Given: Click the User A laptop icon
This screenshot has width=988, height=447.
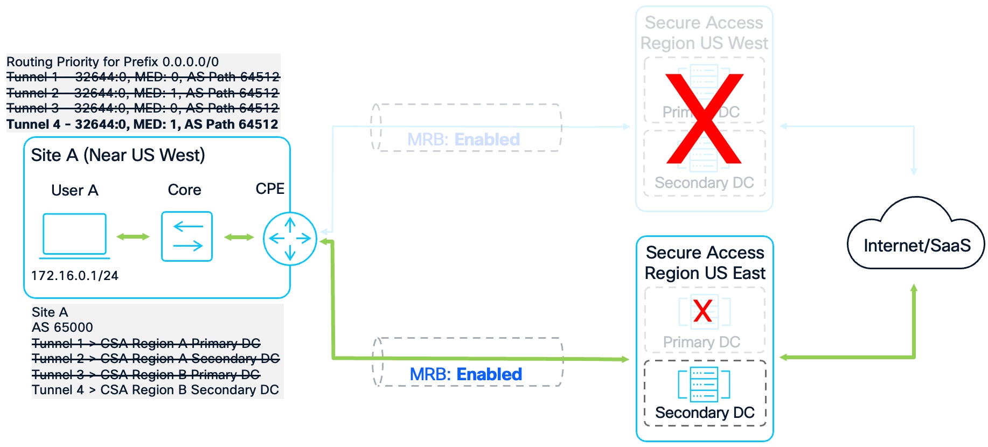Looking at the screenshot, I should (x=74, y=235).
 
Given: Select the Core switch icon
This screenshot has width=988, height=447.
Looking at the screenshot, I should (x=186, y=236).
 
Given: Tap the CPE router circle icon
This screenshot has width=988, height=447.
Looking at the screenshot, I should (x=290, y=238).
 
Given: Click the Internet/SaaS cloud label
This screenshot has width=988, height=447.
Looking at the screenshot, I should (x=916, y=246).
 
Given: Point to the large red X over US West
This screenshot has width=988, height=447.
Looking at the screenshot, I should (x=704, y=119).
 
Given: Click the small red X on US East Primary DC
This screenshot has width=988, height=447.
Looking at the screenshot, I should (x=702, y=311).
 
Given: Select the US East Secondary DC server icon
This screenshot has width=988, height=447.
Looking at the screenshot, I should (x=704, y=384).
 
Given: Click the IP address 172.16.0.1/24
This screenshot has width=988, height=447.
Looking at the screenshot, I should (x=74, y=276).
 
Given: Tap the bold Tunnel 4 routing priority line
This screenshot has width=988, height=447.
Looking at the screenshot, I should (x=142, y=124).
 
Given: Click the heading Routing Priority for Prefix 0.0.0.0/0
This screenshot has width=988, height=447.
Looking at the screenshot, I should (x=113, y=62).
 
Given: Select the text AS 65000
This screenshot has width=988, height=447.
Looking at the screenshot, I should (x=62, y=327).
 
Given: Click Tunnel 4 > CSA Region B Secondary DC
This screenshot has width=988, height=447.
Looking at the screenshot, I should (x=155, y=390).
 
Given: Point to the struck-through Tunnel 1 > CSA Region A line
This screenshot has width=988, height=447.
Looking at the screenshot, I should (x=146, y=344).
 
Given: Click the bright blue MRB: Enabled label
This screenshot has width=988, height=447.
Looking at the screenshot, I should (x=465, y=374).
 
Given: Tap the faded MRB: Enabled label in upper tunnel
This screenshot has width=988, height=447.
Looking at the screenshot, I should (x=463, y=139).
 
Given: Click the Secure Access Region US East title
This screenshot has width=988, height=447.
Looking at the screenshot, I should (x=705, y=263).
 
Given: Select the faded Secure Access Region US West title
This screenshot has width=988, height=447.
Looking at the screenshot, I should (x=704, y=33).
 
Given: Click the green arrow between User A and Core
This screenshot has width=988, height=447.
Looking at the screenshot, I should (x=133, y=236).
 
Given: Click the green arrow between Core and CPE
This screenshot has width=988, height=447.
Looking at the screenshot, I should (x=239, y=237).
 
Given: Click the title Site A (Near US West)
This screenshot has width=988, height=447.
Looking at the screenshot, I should (x=118, y=155).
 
